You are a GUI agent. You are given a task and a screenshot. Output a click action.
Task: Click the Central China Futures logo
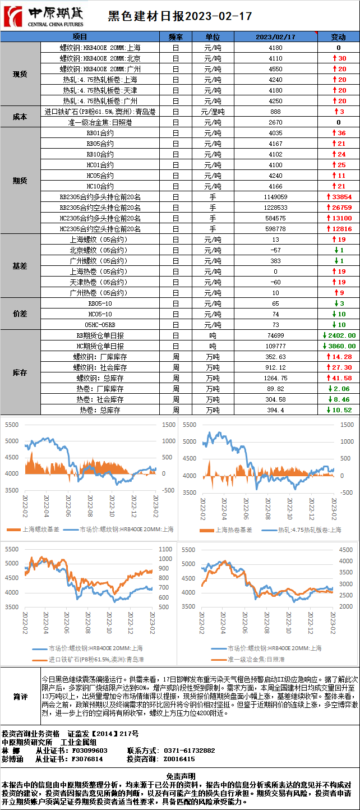[x=44, y=16]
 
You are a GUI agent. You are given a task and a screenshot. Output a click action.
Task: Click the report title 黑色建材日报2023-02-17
[x=179, y=16]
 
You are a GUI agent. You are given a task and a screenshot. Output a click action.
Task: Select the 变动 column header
[x=338, y=37]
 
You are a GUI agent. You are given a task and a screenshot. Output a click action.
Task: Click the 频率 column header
[x=176, y=37]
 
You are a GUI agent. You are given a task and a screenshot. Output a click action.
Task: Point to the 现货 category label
[x=20, y=74]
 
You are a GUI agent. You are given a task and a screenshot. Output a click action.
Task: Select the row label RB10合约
[x=100, y=154]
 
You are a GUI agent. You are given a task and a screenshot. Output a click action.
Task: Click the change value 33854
[x=341, y=197]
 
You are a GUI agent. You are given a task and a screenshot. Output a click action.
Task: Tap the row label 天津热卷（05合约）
[x=100, y=282]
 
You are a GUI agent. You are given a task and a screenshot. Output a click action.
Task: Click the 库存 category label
[x=20, y=372]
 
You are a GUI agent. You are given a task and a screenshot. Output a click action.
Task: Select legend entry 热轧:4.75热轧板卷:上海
[x=309, y=530]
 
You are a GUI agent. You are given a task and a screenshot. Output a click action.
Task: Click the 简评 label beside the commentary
[x=20, y=697]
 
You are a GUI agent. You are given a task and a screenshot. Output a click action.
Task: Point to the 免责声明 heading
[x=180, y=775]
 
